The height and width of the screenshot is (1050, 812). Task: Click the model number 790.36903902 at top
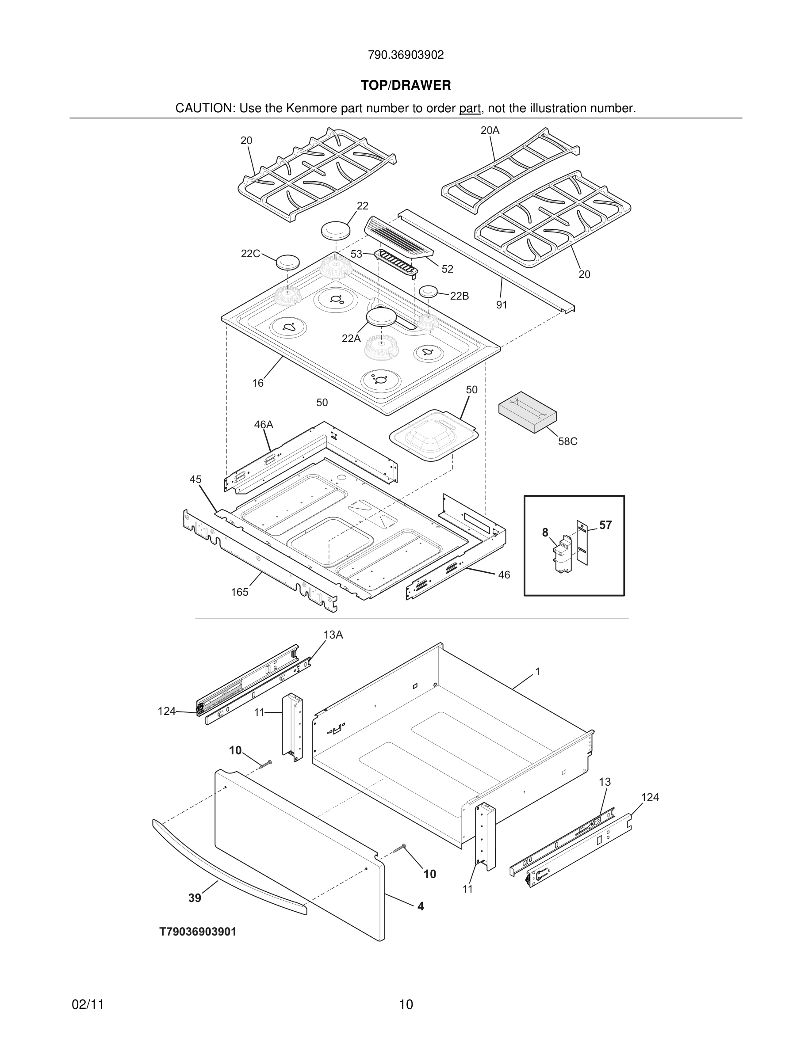tap(406, 55)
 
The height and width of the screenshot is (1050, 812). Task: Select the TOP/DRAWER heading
tap(406, 85)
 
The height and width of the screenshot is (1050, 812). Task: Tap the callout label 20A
tap(490, 130)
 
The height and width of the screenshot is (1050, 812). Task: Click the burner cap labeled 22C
tap(287, 262)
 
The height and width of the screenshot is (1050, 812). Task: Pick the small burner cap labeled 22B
tap(429, 291)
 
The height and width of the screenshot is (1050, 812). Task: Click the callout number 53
tap(356, 254)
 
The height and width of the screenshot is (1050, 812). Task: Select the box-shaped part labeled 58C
tap(527, 411)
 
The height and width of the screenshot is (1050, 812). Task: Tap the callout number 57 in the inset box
tap(605, 525)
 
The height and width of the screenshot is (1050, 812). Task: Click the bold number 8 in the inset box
tap(545, 532)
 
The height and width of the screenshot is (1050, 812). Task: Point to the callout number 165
tap(240, 592)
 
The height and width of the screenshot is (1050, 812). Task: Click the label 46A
tap(264, 425)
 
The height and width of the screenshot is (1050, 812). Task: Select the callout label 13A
tap(333, 635)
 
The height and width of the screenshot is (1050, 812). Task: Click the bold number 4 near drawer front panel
tap(421, 906)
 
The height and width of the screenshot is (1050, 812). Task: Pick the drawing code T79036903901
tap(198, 932)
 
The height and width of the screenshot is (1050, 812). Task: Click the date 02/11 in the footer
tap(88, 1004)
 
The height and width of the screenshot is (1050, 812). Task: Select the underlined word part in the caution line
tap(470, 109)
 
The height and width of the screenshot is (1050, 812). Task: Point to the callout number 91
tap(502, 305)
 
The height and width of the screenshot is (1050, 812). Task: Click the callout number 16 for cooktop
tap(258, 383)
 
